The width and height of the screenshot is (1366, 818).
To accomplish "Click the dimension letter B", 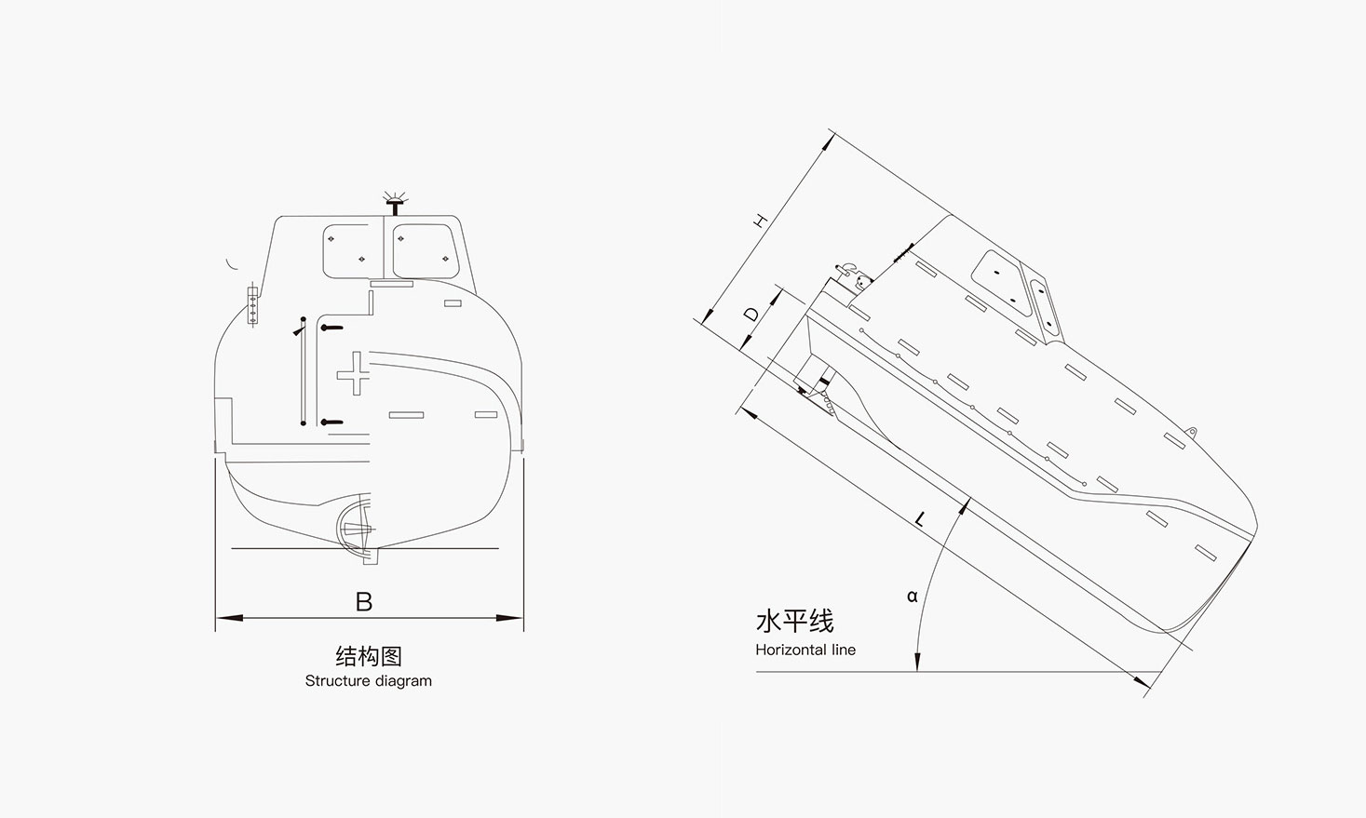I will click(364, 602).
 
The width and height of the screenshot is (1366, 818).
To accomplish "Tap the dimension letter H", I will click(761, 221).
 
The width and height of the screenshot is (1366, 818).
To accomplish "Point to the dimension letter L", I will click(920, 519).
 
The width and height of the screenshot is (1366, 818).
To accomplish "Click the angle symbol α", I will click(912, 597).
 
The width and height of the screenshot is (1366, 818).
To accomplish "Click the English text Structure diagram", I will click(368, 681).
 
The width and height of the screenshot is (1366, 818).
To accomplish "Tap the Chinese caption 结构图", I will click(368, 656).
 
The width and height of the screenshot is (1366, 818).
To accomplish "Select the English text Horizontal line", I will click(805, 650).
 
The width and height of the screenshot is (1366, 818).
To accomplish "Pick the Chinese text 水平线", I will click(794, 621).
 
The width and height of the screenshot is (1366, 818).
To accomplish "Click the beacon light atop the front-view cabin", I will click(396, 200).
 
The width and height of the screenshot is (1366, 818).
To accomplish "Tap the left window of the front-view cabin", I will click(346, 249).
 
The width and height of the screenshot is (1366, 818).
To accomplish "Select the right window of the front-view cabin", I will click(425, 249).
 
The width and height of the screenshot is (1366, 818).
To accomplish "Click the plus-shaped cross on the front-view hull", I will click(353, 374).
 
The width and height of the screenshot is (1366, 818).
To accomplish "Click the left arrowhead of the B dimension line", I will click(223, 617).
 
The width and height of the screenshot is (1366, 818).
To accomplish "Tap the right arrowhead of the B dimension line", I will click(515, 617).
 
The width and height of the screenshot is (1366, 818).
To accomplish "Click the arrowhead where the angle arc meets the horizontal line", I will click(917, 663).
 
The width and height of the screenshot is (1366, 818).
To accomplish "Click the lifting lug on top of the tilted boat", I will click(1190, 431).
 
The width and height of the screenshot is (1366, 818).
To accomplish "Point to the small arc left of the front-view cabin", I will click(231, 264).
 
